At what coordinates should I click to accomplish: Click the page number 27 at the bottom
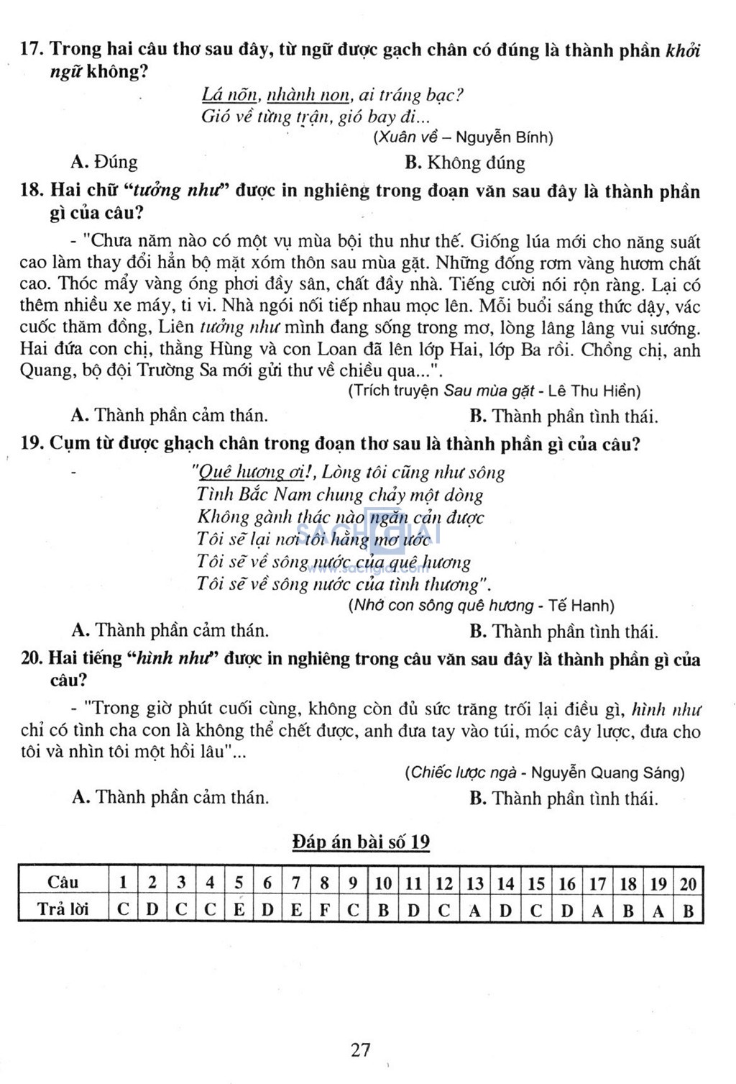coord(361,1049)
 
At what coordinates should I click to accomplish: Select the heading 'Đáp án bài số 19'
coord(361,842)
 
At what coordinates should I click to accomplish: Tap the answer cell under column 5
coord(239,910)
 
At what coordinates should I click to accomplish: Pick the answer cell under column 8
coord(324,910)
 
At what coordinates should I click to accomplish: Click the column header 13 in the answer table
coord(474,883)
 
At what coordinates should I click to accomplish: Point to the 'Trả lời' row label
coord(63,909)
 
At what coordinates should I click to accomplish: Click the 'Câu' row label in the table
coord(63,883)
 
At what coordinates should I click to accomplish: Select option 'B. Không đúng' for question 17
coord(464,163)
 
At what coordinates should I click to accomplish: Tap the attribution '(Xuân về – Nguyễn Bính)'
coord(464,137)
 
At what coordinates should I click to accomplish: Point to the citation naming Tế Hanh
coord(482,606)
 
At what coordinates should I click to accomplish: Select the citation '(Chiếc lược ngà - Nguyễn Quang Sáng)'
coord(545,773)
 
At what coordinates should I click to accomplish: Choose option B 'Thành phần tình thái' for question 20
coord(563,798)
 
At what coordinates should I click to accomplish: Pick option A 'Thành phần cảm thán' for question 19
coord(170,631)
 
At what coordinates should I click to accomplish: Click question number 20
coord(32,658)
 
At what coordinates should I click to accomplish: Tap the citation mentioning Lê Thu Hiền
coord(494,391)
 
